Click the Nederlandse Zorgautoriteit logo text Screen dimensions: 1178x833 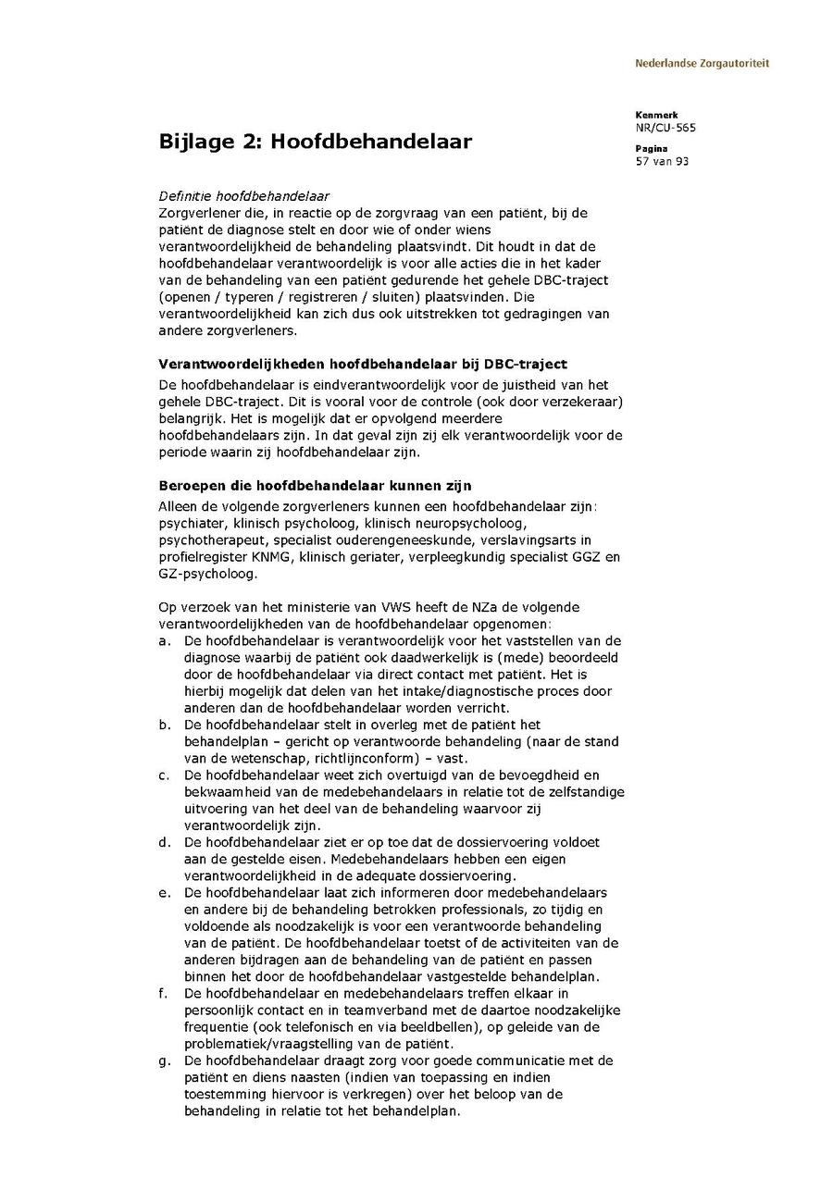coord(702,64)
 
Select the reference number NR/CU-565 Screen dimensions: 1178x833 coord(665,128)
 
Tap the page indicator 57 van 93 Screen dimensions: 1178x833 coord(662,162)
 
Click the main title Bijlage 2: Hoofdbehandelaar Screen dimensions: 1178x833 coord(316,142)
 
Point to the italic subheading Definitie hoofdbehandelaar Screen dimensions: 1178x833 coord(244,196)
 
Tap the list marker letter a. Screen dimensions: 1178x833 coord(164,640)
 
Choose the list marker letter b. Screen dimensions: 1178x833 coord(164,725)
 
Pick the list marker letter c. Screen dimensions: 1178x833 coord(164,775)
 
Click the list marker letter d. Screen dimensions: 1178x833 coord(164,843)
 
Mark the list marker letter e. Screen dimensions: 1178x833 coord(164,893)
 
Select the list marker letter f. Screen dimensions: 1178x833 coord(163,994)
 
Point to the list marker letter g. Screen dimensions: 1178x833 coord(164,1060)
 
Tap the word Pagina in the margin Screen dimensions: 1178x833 coord(651,149)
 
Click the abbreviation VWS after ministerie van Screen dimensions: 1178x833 coord(396,607)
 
